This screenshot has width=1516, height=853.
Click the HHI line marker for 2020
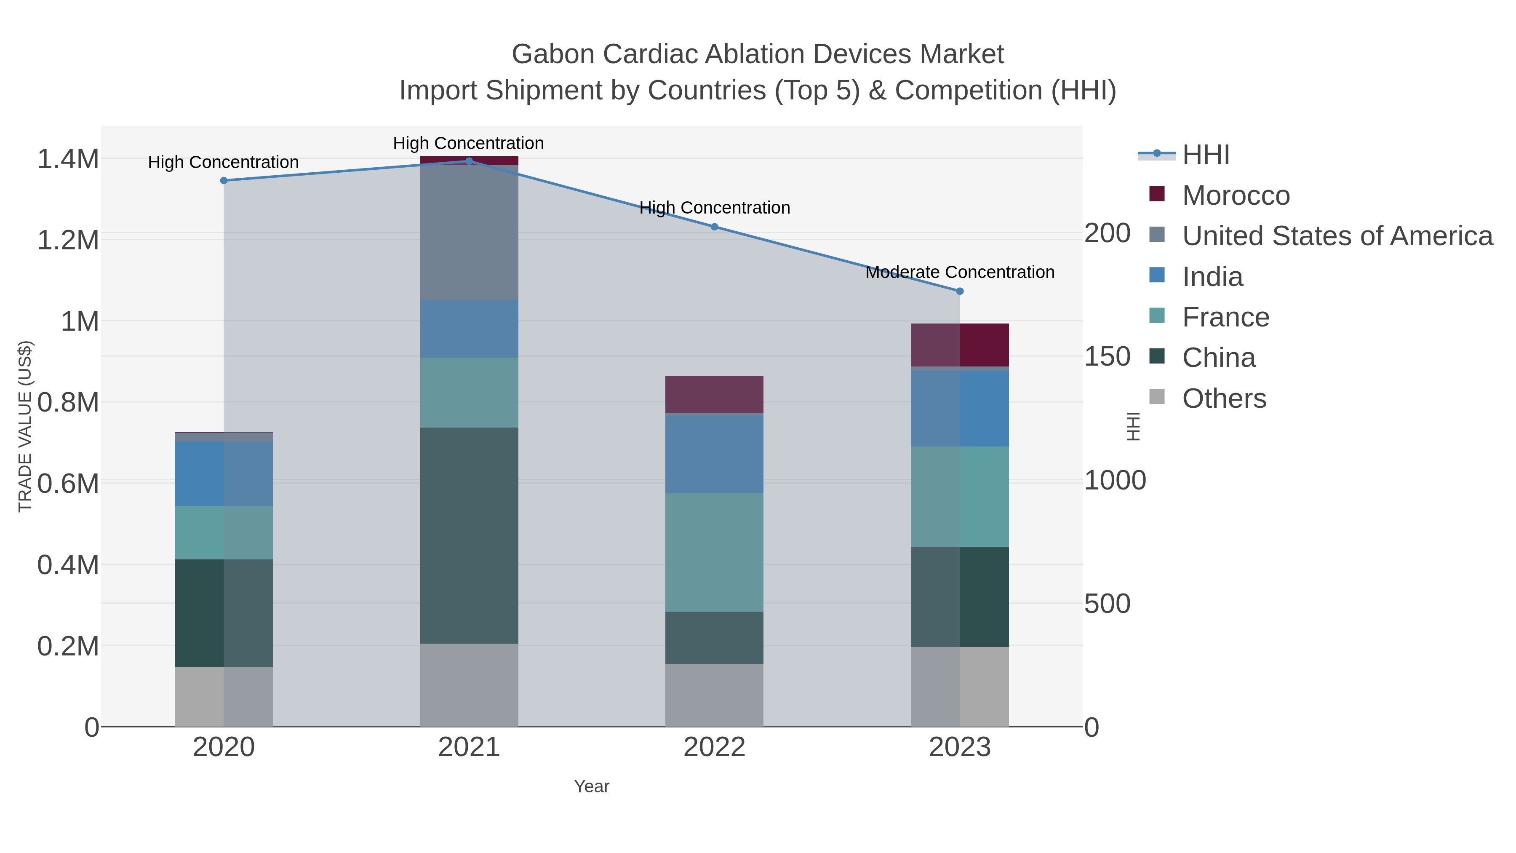pyautogui.click(x=224, y=181)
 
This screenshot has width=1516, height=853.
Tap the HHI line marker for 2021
pyautogui.click(x=469, y=161)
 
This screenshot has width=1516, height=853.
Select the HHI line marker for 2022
pyautogui.click(x=715, y=227)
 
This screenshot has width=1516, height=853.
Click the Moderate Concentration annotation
pyautogui.click(x=960, y=273)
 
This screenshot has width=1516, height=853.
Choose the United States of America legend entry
pyautogui.click(x=1337, y=236)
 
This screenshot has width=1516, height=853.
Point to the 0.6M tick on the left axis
pyautogui.click(x=68, y=484)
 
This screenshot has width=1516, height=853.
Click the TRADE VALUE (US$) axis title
pyautogui.click(x=25, y=426)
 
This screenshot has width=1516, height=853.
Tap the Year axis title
pyautogui.click(x=592, y=786)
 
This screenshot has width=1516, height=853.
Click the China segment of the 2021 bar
pyautogui.click(x=469, y=536)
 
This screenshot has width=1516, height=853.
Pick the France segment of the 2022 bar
pyautogui.click(x=715, y=552)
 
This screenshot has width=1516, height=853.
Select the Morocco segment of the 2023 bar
pyautogui.click(x=960, y=345)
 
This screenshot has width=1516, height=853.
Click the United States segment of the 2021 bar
pyautogui.click(x=469, y=233)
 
